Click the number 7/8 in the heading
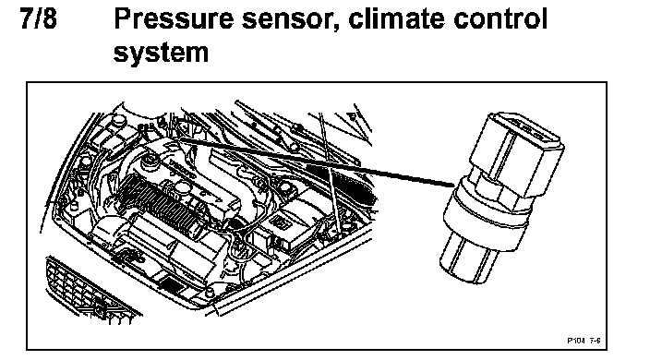coord(38,19)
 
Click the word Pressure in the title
coord(174,19)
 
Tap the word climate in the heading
coord(397,19)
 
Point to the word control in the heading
coord(500,19)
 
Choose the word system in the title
coord(161,54)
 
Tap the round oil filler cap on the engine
coord(149,161)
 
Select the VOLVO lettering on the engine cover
coord(182,169)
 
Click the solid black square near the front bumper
coord(171,284)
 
